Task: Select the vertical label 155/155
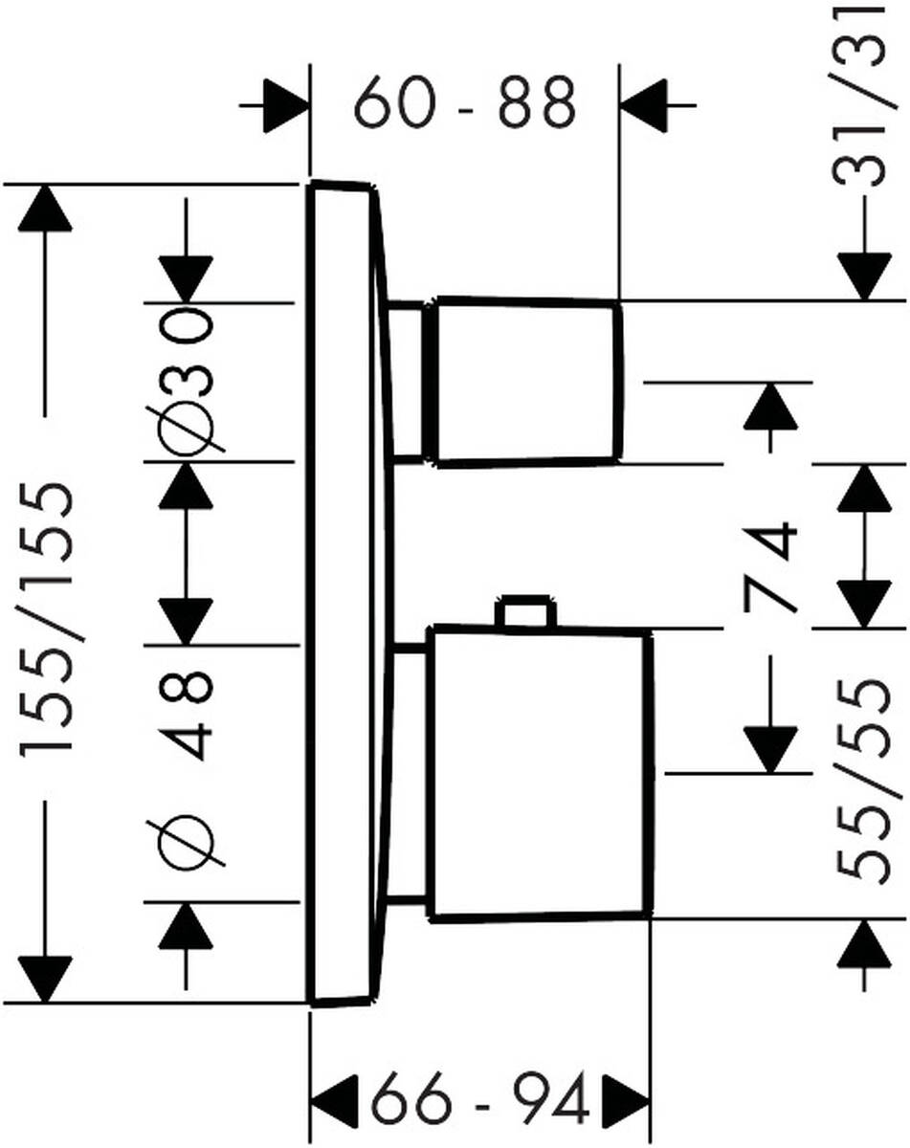click(x=48, y=622)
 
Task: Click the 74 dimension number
click(x=771, y=565)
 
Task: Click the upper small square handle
click(x=524, y=382)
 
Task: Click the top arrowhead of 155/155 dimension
click(x=44, y=206)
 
